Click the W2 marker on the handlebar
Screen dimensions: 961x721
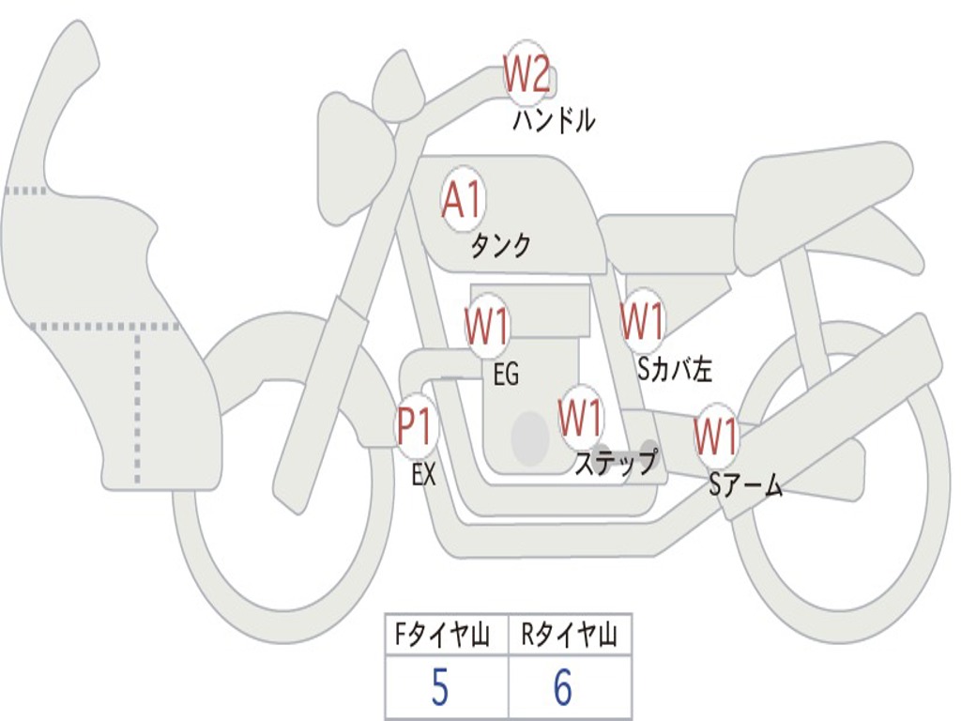click(x=526, y=74)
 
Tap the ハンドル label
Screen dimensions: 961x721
click(x=554, y=121)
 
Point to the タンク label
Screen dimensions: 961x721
click(x=500, y=246)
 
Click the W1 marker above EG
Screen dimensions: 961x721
click(x=487, y=328)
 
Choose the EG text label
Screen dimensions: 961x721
click(x=506, y=376)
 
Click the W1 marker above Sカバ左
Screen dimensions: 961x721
click(x=644, y=321)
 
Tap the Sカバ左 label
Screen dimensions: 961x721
click(x=674, y=370)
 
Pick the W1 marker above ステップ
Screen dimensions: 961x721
click(x=581, y=417)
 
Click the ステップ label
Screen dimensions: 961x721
click(x=616, y=464)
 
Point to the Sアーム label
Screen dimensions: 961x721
click(x=746, y=485)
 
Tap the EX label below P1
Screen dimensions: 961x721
click(x=424, y=475)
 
